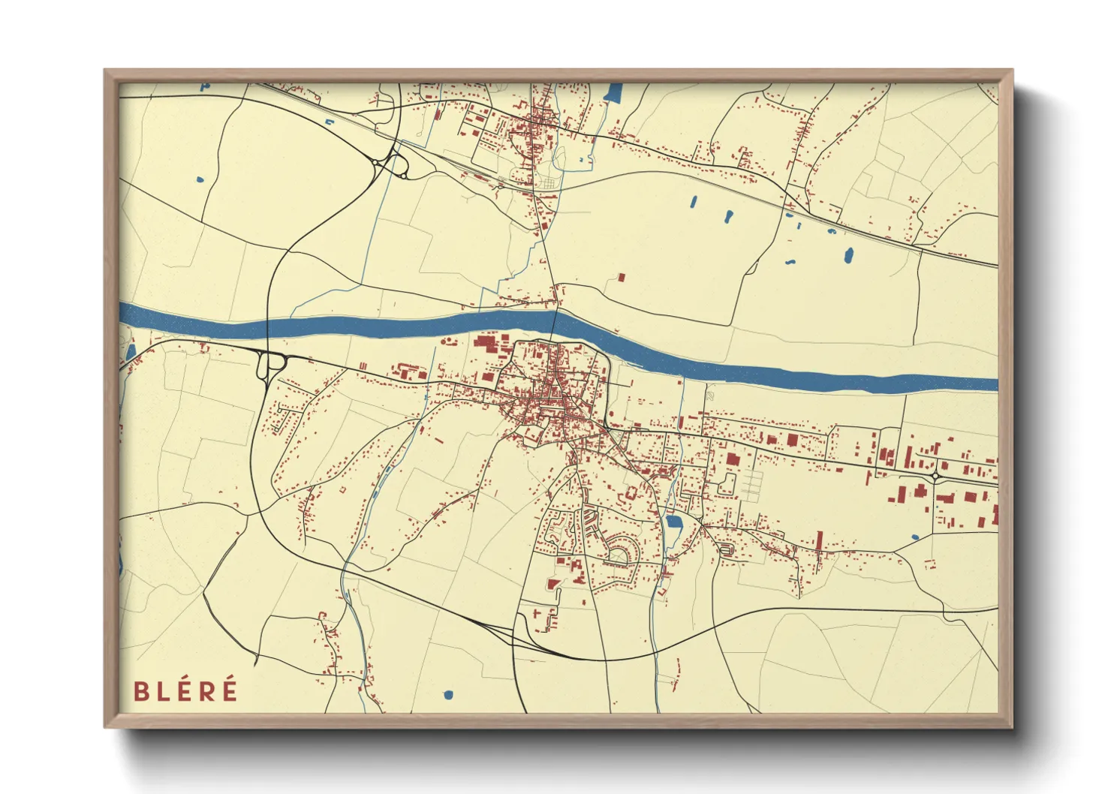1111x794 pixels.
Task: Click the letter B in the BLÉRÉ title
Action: tap(140, 690)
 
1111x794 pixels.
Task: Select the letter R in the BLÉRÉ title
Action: tap(206, 690)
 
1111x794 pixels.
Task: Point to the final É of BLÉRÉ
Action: tap(229, 689)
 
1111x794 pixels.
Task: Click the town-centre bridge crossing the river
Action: tap(555, 323)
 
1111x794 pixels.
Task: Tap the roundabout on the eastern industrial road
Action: tap(936, 476)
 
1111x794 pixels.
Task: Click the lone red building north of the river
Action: tap(621, 278)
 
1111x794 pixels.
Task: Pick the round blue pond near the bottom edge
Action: tap(449, 695)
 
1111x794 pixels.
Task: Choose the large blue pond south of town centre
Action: tap(673, 523)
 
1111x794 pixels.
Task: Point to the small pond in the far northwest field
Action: tap(199, 179)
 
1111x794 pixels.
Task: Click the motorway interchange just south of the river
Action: tap(270, 365)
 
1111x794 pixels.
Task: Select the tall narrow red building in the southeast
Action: tap(818, 543)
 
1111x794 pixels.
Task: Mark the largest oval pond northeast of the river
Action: tap(848, 256)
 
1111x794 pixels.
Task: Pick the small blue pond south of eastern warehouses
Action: tap(914, 537)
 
